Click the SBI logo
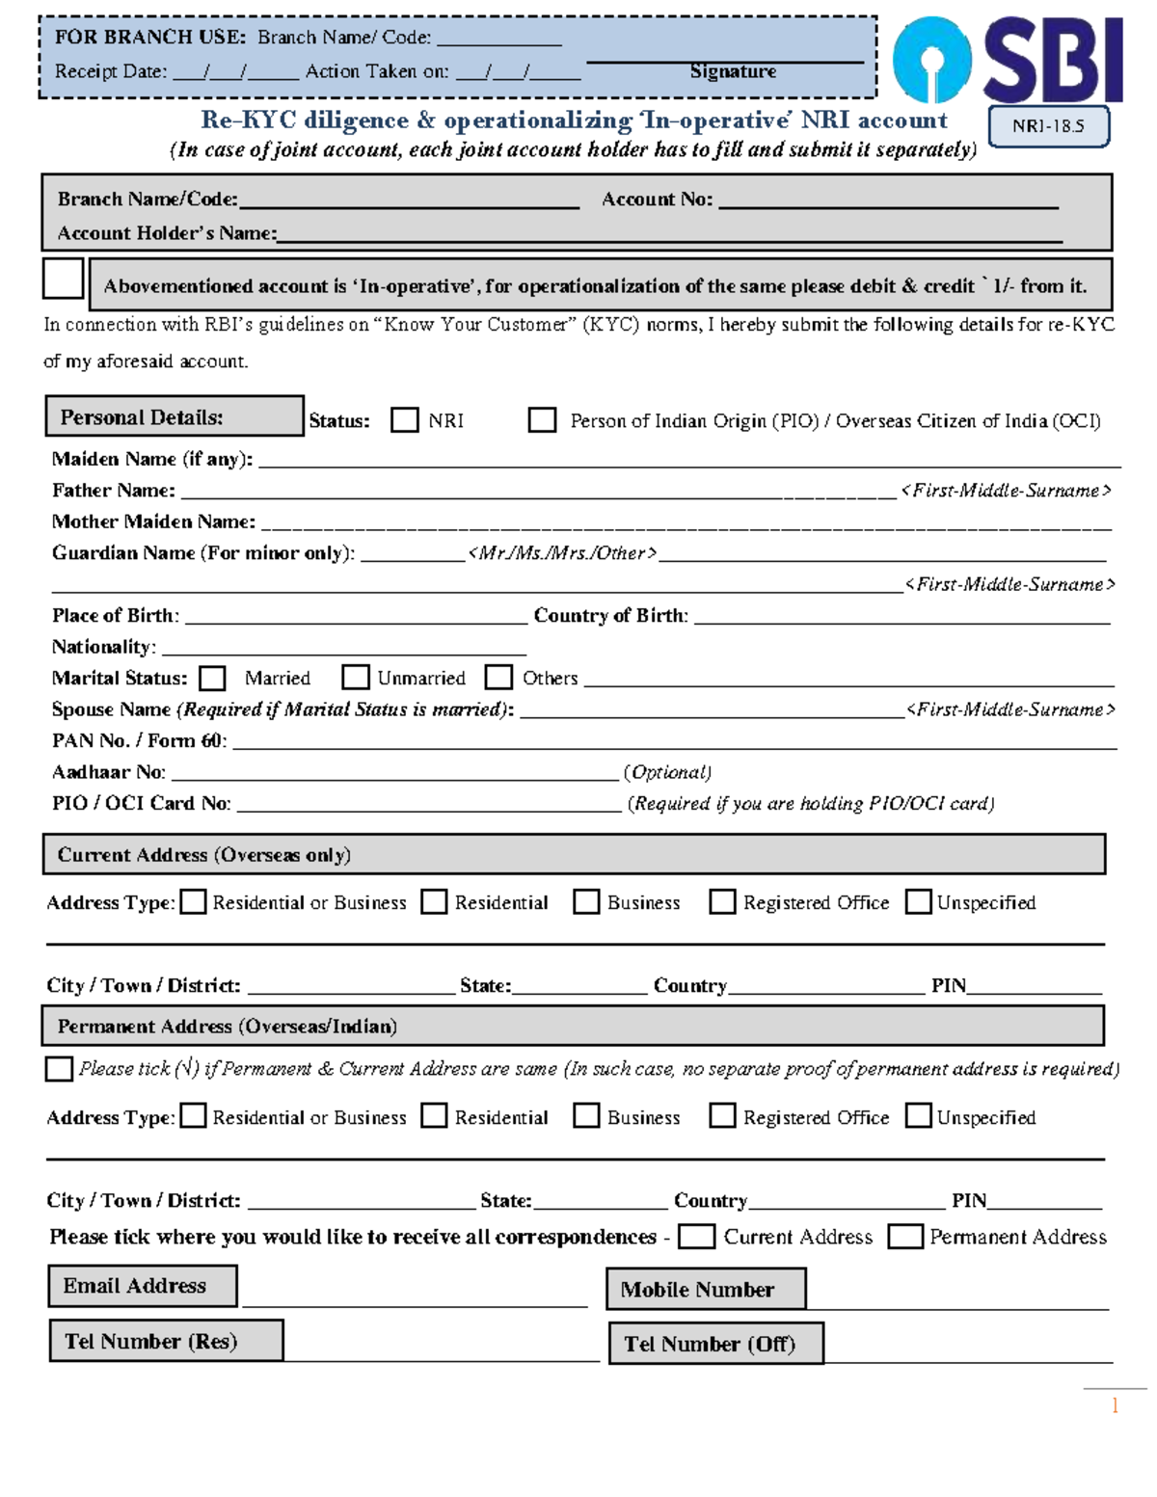1007,60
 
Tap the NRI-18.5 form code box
1048,126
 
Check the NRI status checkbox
404,420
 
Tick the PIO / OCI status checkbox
542,420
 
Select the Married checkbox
212,679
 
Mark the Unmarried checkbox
356,678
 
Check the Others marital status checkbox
498,678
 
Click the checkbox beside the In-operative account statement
64,280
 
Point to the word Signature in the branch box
733,71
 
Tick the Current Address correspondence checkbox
696,1237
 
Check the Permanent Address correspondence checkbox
905,1237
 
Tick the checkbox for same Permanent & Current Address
60,1069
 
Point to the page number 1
1115,1405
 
